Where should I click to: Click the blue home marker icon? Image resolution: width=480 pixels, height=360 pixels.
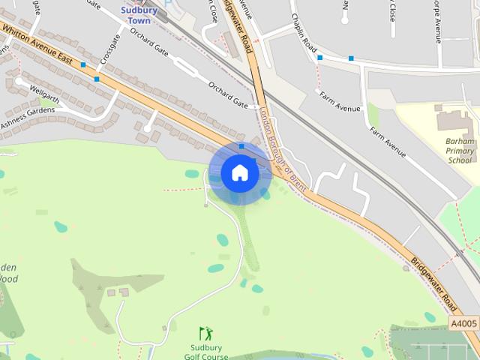coord(240,173)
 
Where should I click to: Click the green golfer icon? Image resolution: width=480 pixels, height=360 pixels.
coord(205,332)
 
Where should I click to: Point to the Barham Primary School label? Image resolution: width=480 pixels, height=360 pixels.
coord(460,150)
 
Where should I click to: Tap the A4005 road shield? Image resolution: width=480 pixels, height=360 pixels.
coord(463,323)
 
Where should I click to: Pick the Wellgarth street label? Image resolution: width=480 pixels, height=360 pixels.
coord(43,93)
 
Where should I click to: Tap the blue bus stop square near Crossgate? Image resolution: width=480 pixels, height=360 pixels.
coord(97,79)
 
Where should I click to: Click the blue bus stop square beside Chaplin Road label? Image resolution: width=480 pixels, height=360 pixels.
coord(320,57)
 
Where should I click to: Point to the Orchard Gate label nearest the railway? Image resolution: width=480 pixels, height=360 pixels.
coord(228,94)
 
